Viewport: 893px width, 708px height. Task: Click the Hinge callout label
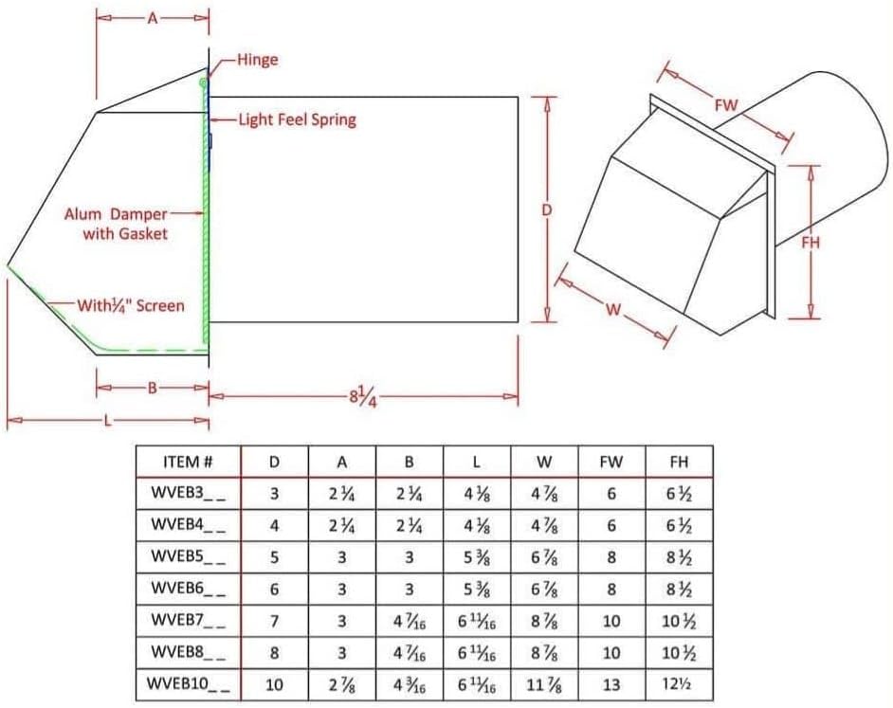(x=258, y=60)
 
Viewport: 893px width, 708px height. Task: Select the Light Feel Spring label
(x=298, y=119)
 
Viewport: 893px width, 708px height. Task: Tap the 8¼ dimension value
(x=363, y=396)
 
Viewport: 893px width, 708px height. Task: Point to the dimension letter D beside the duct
(x=546, y=210)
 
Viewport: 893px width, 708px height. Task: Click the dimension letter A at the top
(x=152, y=18)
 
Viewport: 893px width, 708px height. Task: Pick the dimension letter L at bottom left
(x=108, y=421)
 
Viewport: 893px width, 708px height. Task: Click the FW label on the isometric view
(x=726, y=105)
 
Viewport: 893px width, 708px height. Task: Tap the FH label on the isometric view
(x=811, y=243)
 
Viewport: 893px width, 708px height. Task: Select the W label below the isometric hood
(x=613, y=309)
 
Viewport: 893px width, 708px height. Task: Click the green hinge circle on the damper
(x=203, y=83)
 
